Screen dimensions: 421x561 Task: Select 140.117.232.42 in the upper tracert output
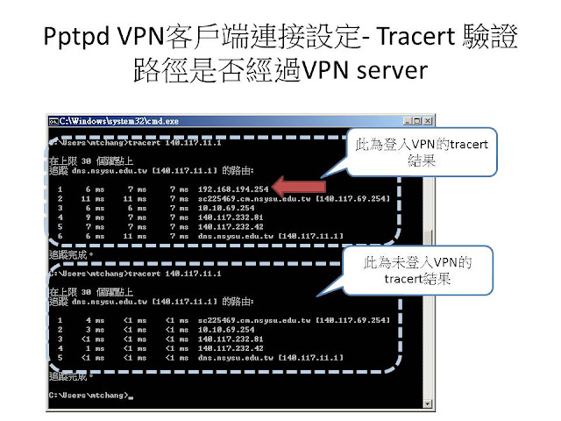pos(230,226)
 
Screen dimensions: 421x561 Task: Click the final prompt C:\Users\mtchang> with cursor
pos(88,396)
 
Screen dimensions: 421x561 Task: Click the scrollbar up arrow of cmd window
pos(427,132)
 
